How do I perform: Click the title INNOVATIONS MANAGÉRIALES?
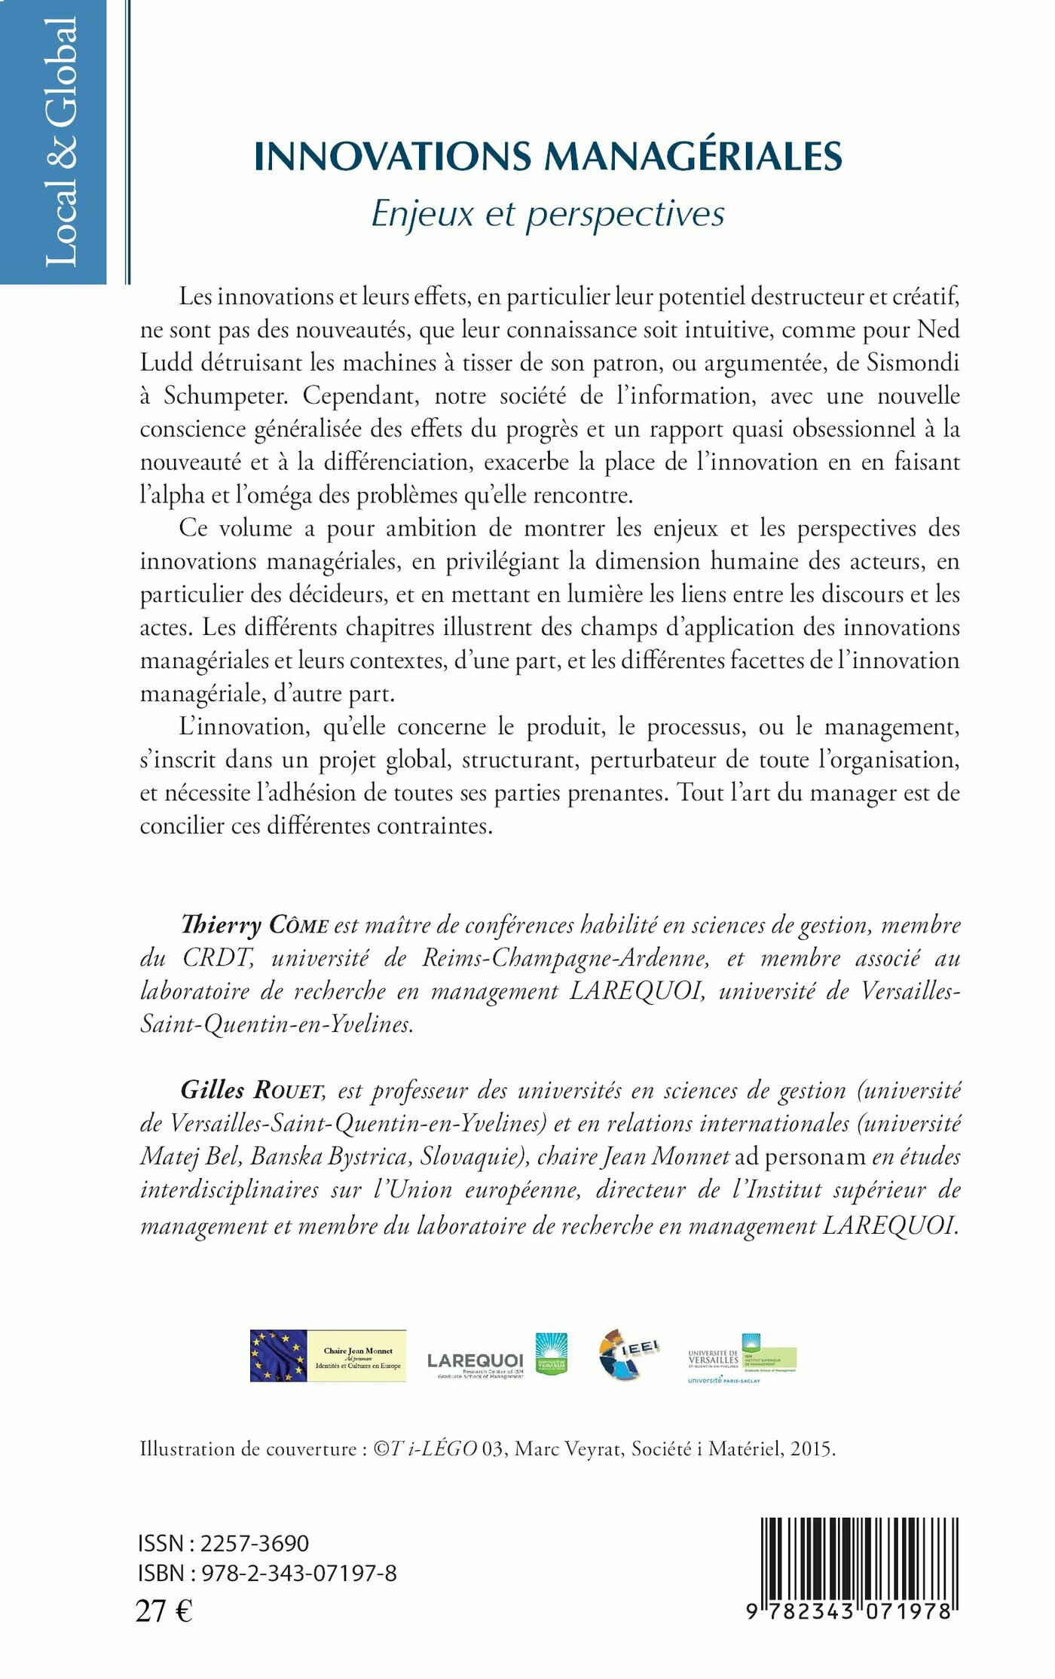click(x=548, y=157)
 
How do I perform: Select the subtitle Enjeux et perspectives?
click(x=548, y=214)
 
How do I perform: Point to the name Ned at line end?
click(x=938, y=330)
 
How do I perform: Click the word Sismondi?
click(x=913, y=363)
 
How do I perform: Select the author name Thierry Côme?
click(x=255, y=925)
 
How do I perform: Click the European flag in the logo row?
click(x=279, y=1356)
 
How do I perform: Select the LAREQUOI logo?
click(x=475, y=1360)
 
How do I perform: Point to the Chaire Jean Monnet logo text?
click(x=357, y=1356)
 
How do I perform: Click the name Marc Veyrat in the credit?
click(x=569, y=1449)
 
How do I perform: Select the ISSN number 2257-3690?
click(x=255, y=1543)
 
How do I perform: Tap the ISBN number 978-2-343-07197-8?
click(x=299, y=1573)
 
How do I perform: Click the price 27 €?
click(x=164, y=1610)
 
